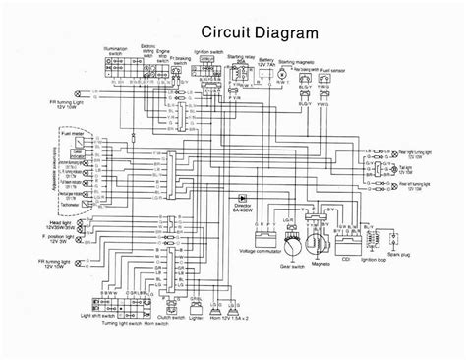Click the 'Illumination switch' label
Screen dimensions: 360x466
pos(106,49)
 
